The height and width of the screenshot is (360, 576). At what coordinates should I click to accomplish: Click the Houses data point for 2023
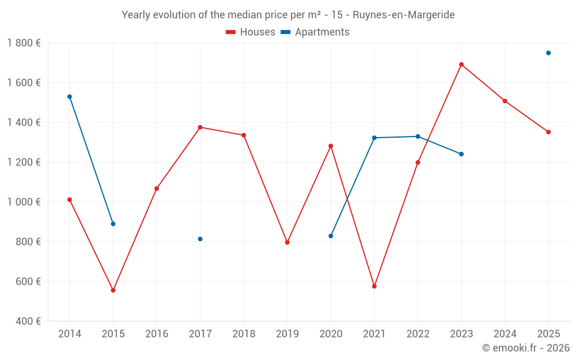(x=461, y=65)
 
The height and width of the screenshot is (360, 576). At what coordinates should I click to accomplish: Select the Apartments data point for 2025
(x=548, y=53)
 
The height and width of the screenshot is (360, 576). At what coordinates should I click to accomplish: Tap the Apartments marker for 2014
(x=70, y=97)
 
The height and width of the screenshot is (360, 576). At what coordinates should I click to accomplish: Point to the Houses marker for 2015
(x=113, y=290)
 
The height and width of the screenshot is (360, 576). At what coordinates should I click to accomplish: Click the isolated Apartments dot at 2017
(x=200, y=239)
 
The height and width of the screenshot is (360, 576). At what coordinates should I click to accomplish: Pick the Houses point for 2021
(x=374, y=286)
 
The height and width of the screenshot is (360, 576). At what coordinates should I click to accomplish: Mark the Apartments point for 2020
(x=331, y=236)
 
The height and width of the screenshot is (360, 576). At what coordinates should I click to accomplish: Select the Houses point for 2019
(x=287, y=242)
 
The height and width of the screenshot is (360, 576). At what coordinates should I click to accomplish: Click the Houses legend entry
(x=251, y=32)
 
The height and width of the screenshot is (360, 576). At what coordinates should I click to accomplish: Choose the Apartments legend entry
(x=315, y=32)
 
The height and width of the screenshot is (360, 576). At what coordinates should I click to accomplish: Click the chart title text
(x=288, y=15)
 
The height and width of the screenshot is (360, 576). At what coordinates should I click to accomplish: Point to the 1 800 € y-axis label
(x=24, y=43)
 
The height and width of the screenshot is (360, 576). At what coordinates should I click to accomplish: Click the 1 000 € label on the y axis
(x=24, y=202)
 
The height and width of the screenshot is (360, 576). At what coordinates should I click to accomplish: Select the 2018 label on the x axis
(x=244, y=334)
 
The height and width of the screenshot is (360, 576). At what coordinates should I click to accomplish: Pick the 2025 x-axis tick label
(x=548, y=334)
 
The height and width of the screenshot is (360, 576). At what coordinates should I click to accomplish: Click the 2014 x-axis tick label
(x=70, y=334)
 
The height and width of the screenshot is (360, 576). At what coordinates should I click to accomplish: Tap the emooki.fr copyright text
(x=525, y=348)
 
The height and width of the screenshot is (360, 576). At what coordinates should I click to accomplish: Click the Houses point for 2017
(x=200, y=127)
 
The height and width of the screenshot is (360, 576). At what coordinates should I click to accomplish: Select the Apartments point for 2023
(x=461, y=154)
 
